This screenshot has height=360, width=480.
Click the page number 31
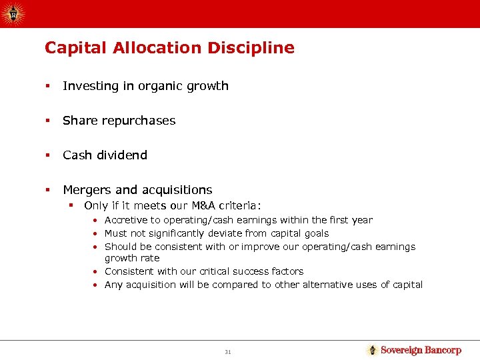228,351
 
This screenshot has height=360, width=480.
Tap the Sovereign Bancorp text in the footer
421,350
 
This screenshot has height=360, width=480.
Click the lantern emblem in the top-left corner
13,13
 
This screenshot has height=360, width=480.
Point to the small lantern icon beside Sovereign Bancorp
373,350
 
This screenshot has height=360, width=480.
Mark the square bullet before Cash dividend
47,155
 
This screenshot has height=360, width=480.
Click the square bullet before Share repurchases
47,121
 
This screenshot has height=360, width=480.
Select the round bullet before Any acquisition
97,285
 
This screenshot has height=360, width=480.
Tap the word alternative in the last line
343,285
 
